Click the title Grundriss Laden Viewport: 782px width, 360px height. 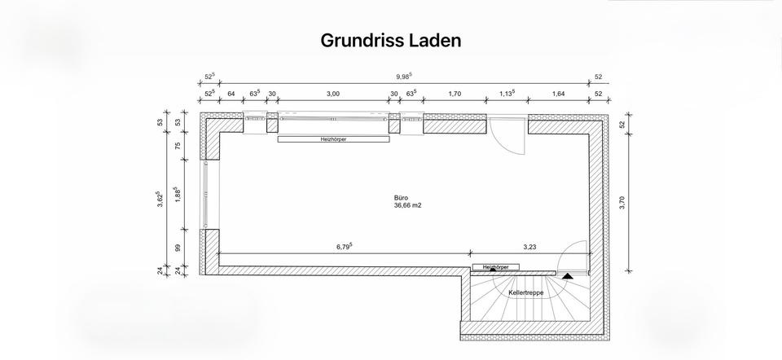[x=391, y=40]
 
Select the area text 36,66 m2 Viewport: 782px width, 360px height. [x=407, y=205]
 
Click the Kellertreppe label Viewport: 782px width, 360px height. [x=526, y=292]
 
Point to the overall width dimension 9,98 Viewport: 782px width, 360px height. [x=404, y=77]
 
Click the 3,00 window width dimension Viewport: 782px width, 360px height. [x=332, y=94]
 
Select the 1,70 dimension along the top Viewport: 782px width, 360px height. [x=455, y=94]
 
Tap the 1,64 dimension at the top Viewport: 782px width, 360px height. [x=558, y=94]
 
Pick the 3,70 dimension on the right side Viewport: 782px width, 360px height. [x=622, y=204]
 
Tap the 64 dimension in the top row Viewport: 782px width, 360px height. [x=231, y=94]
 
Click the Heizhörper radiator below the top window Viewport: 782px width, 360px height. [x=333, y=139]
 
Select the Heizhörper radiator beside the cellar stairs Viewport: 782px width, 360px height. [x=495, y=267]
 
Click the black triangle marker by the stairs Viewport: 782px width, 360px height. [x=567, y=276]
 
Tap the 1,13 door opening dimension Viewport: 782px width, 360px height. [x=507, y=94]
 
